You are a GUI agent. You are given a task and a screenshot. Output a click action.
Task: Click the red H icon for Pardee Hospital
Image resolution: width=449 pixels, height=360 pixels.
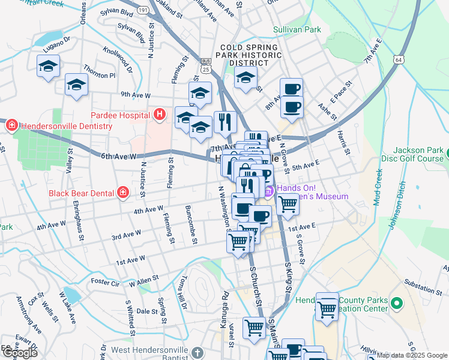coord(159,114)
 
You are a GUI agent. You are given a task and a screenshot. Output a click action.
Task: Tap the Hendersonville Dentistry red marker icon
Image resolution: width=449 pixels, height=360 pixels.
coord(11,125)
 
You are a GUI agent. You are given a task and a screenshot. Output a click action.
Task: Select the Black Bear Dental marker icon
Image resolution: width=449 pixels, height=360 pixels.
coord(122,193)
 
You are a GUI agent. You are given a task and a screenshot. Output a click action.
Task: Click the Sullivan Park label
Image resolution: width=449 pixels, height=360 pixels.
coord(297,29)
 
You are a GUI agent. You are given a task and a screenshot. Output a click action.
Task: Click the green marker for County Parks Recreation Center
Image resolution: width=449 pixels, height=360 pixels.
coord(396,302)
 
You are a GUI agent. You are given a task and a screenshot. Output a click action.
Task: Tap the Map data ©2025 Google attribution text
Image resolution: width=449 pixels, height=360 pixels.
coord(411,355)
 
